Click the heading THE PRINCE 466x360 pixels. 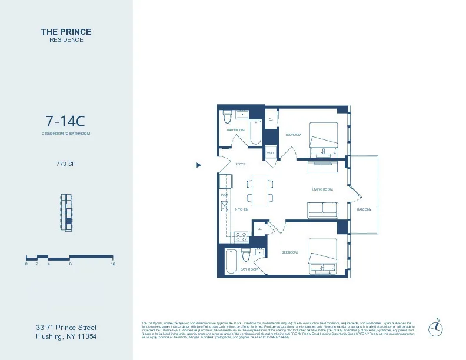coord(66,32)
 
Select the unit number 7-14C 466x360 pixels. coord(66,122)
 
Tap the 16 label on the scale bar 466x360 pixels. coord(112,264)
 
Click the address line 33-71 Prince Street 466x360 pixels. coord(66,328)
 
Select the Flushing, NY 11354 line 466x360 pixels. coord(66,337)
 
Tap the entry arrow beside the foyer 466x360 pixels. coord(198,165)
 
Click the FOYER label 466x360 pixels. coord(241,165)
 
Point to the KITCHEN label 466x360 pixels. coord(242,209)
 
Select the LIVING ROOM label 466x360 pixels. coord(322,189)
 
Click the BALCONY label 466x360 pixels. coord(364,209)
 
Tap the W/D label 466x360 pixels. coord(270,153)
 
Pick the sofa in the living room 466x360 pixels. coord(322,209)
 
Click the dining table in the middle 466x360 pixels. coord(259,190)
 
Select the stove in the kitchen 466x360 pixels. coord(241,237)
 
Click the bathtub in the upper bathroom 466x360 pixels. coord(255,132)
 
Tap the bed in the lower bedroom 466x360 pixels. coord(322,257)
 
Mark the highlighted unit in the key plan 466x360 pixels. coord(68,221)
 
